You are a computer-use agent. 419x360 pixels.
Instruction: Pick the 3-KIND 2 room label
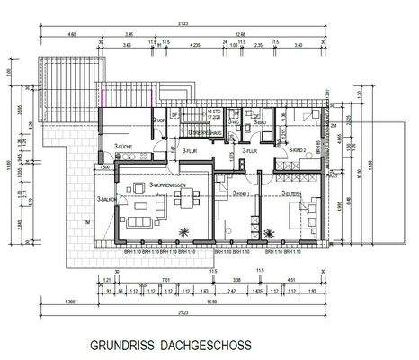click(299, 150)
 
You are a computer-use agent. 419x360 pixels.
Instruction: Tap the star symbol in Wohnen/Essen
click(183, 231)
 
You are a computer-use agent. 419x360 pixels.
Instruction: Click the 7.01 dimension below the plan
click(165, 280)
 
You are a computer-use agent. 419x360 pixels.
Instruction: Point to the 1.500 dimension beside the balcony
click(104, 167)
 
